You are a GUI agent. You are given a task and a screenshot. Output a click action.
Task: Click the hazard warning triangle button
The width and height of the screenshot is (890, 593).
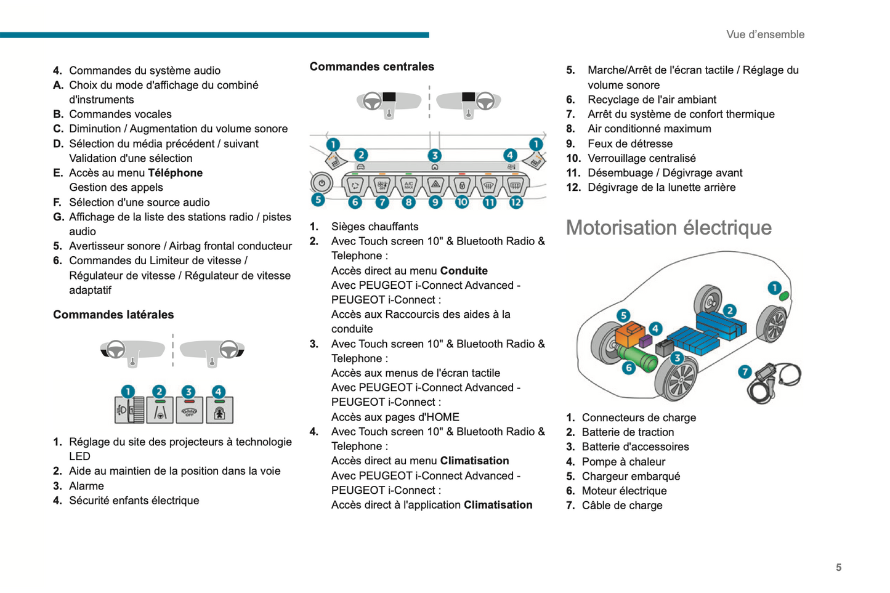coord(435,184)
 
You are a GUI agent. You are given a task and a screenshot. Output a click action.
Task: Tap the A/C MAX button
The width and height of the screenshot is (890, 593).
coord(408,184)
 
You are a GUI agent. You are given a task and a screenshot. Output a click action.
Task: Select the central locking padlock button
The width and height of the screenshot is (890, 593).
coord(462,184)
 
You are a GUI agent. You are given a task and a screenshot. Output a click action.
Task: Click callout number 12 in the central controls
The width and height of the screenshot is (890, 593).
coord(516,201)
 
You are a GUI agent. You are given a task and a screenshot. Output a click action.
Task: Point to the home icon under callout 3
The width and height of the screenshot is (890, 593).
coord(435,167)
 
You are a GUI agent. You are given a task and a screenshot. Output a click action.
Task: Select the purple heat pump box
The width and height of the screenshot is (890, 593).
coord(645,341)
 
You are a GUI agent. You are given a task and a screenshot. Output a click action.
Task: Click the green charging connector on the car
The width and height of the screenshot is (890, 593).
coord(783,296)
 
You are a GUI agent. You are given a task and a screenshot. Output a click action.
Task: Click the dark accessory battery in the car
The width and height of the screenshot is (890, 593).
coord(665,349)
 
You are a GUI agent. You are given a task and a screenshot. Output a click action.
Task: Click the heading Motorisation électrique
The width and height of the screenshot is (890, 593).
coord(668,228)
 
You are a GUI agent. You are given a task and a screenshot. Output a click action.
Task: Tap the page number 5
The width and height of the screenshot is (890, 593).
coord(838,567)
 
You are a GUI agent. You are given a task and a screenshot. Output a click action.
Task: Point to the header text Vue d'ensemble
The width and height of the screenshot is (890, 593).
coord(765,34)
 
